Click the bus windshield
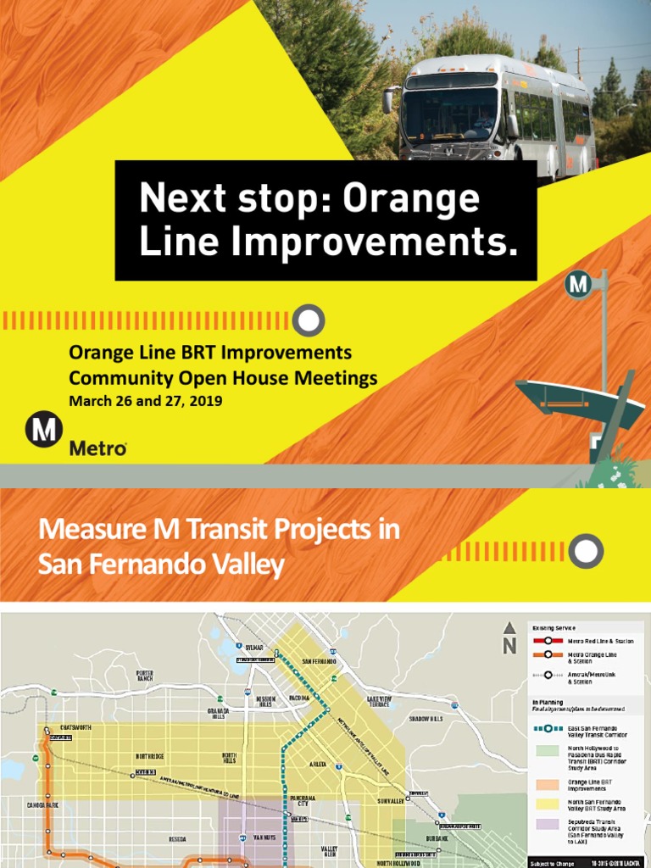coord(448,114)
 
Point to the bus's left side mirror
coord(389,99)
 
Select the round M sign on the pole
coord(578,286)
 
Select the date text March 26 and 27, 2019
coord(145,401)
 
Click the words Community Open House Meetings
coord(223,377)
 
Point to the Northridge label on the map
coord(155,756)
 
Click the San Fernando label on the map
coord(319,661)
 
